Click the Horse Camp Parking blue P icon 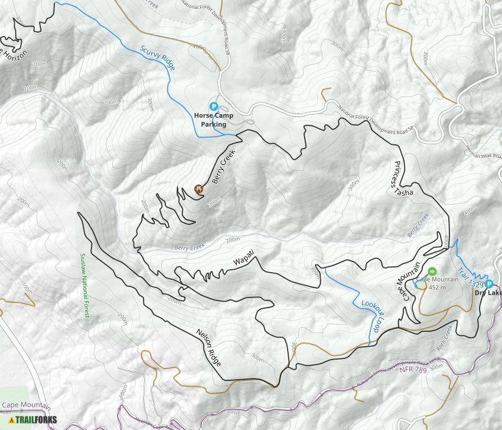tap(214, 107)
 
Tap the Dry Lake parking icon tap(489, 283)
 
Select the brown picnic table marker tap(199, 189)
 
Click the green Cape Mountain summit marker tap(432, 271)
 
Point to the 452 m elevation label tap(437, 287)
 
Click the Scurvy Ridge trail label tap(158, 59)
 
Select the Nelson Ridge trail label tap(209, 346)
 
